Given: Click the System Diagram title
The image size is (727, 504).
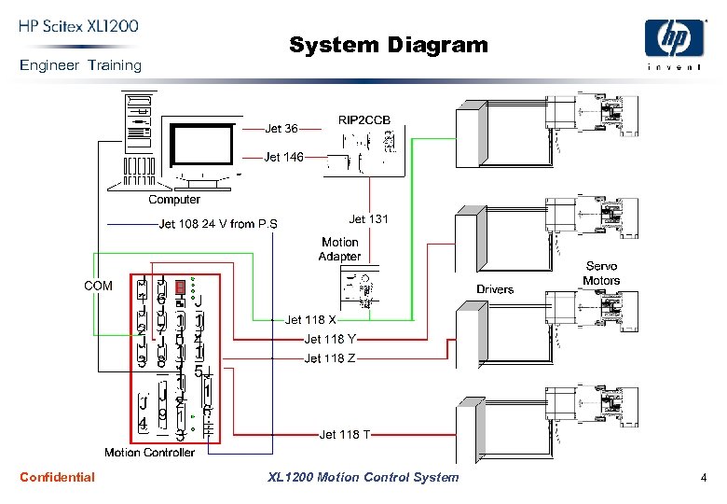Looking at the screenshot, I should click(388, 45).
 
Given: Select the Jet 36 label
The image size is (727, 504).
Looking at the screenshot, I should click(281, 129).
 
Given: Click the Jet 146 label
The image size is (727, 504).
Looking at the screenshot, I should click(283, 157).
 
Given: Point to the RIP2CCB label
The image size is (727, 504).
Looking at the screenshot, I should click(364, 120).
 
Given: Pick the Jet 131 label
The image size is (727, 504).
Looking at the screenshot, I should click(368, 219).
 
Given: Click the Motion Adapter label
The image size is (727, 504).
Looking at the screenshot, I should click(340, 249).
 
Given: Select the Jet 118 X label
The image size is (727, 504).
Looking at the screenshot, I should click(310, 320).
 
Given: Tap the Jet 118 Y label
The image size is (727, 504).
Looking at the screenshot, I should click(330, 340).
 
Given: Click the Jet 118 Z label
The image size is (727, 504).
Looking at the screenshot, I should click(330, 358).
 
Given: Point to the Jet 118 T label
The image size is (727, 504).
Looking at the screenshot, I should click(345, 434).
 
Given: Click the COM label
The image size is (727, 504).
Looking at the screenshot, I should click(99, 286).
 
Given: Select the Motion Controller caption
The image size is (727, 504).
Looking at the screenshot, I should click(149, 453).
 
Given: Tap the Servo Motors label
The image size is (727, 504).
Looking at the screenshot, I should click(601, 273).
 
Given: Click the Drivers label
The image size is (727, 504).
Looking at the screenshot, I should click(495, 289).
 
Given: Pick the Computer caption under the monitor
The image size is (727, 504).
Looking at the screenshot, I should click(174, 200).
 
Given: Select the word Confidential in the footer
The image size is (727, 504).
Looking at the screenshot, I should click(57, 477).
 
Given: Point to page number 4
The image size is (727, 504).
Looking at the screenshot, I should click(704, 478).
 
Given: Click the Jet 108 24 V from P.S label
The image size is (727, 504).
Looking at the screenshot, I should click(218, 224).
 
